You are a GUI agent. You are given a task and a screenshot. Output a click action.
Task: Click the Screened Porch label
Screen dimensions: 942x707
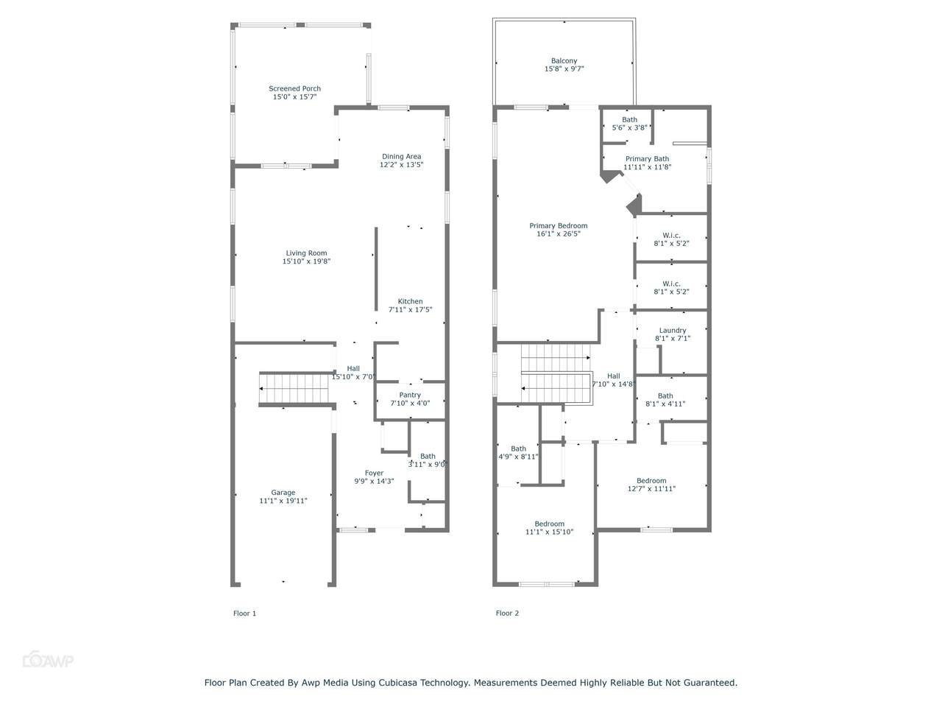tap(294, 88)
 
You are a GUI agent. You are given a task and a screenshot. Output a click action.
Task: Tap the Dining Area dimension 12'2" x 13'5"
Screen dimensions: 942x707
tap(401, 164)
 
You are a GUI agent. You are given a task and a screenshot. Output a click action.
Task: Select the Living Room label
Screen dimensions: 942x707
tap(306, 253)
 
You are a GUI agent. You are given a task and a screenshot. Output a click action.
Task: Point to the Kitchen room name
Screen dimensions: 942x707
tap(410, 301)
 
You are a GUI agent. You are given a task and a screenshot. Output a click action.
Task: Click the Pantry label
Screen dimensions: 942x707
tap(410, 395)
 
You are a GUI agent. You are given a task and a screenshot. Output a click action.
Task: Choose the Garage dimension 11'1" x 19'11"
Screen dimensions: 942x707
tap(283, 501)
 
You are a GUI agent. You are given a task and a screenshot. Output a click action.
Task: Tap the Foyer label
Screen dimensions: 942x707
tap(374, 473)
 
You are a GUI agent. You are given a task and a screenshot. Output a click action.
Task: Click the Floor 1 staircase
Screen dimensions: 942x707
tap(294, 389)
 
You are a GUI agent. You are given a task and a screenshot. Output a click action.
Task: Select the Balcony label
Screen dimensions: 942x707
tap(564, 61)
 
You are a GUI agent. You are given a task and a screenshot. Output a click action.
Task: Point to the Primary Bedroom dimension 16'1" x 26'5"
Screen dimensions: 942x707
tap(559, 234)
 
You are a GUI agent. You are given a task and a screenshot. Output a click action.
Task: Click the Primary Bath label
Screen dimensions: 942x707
tap(647, 159)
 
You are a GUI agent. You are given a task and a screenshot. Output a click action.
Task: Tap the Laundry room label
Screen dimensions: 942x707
tap(673, 331)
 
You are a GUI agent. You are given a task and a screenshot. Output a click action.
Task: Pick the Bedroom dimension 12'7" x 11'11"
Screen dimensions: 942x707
tap(651, 488)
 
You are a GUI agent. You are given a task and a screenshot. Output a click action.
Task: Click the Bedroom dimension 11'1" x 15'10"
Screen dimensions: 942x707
tap(549, 532)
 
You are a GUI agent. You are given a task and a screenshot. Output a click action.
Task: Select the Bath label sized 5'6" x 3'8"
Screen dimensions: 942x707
tap(629, 120)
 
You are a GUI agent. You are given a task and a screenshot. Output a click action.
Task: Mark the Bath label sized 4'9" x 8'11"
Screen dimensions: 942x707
tap(518, 449)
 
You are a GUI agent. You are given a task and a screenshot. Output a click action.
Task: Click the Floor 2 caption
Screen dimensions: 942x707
tap(507, 613)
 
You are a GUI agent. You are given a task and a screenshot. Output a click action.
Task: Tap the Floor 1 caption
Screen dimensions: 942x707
tap(244, 613)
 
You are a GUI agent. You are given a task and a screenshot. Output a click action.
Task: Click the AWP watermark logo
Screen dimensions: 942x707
tap(48, 660)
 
